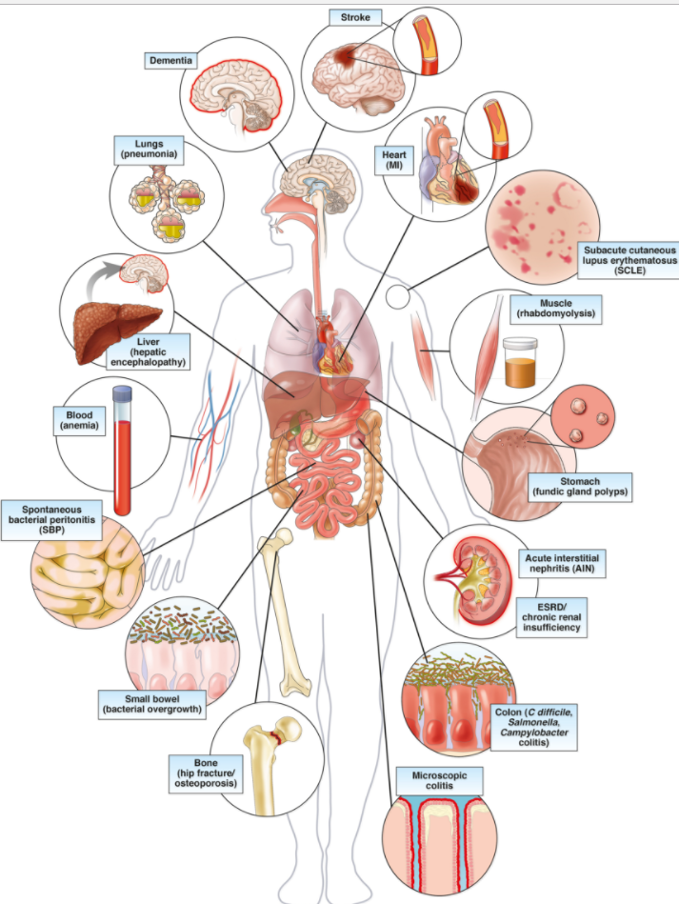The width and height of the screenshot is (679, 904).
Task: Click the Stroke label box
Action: click(355, 17)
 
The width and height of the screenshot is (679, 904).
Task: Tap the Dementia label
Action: click(170, 61)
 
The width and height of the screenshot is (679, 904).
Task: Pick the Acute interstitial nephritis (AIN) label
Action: click(564, 562)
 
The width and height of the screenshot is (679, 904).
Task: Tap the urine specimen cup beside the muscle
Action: click(522, 363)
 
